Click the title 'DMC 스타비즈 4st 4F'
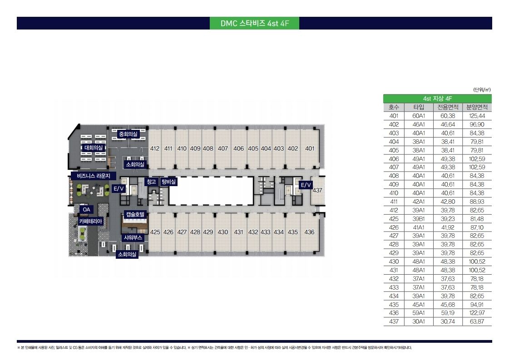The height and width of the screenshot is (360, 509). [x=254, y=23]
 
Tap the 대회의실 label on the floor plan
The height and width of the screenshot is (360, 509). [x=94, y=148]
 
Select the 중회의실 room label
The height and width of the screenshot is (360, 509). [x=128, y=134]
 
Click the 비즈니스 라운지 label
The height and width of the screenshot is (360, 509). [x=94, y=176]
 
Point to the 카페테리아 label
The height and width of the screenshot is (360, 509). [x=90, y=222]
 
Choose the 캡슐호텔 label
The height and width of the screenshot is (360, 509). [x=135, y=215]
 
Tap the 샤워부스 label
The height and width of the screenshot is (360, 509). [x=133, y=237]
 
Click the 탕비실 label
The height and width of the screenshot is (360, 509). [x=168, y=182]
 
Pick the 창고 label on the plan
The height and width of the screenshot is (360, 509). [x=151, y=182]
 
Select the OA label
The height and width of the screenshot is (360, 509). [x=86, y=210]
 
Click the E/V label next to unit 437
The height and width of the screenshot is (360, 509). [x=306, y=185]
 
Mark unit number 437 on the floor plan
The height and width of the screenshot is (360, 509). [x=317, y=190]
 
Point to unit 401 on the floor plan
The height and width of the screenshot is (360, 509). [x=310, y=148]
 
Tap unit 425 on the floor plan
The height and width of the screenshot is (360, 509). [x=155, y=232]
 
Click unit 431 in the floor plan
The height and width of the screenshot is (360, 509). [x=238, y=232]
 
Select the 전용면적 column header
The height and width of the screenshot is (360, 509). [x=448, y=107]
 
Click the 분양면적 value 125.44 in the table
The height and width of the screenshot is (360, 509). [x=477, y=116]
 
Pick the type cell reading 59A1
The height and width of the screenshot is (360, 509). [x=419, y=313]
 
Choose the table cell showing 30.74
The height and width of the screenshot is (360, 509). [x=448, y=322]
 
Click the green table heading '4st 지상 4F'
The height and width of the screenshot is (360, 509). [x=438, y=99]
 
